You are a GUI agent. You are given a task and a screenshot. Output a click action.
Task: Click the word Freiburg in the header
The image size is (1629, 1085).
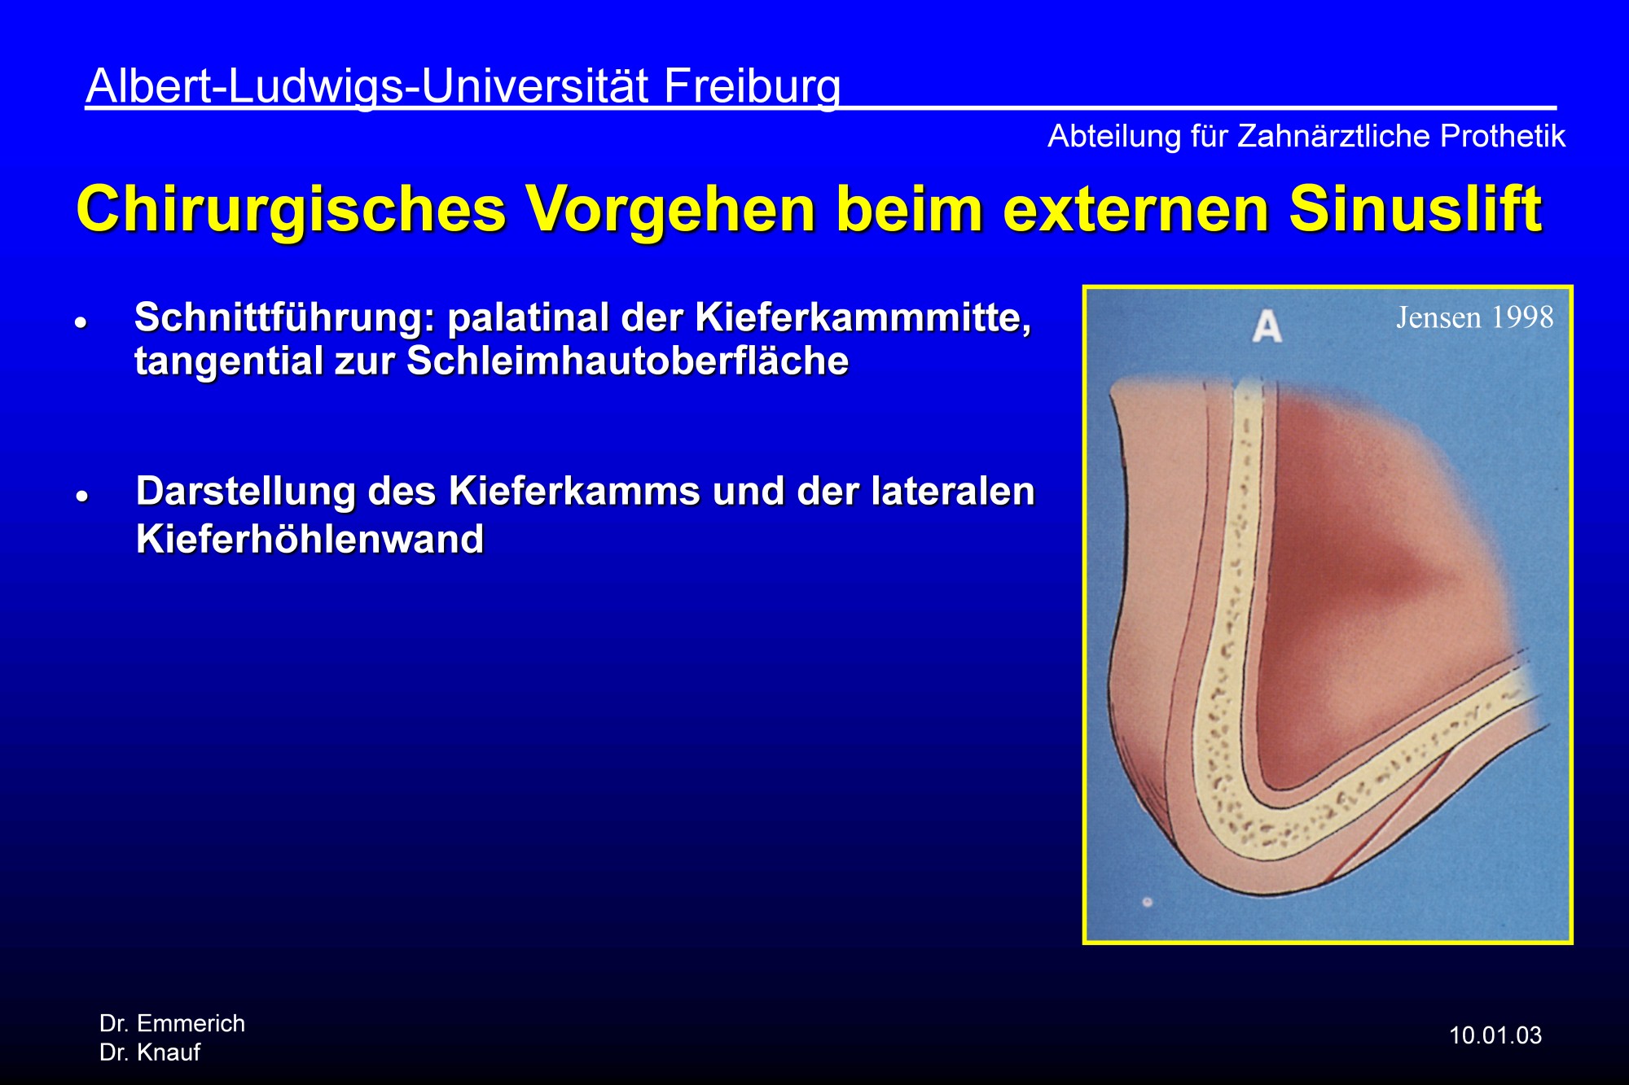pyautogui.click(x=752, y=87)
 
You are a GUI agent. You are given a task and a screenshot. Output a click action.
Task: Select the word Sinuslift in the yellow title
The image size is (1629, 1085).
pyautogui.click(x=1416, y=209)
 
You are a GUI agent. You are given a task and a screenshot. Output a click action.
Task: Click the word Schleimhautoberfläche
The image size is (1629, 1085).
pyautogui.click(x=628, y=361)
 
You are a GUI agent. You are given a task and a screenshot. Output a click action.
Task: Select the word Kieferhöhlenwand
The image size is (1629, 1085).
pyautogui.click(x=310, y=539)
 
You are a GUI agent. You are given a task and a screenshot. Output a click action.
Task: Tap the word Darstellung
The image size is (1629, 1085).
pyautogui.click(x=246, y=492)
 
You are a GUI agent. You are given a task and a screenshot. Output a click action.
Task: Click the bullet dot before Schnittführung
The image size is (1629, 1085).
pyautogui.click(x=81, y=322)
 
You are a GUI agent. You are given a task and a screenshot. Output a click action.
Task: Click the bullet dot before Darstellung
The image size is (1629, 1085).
pyautogui.click(x=81, y=496)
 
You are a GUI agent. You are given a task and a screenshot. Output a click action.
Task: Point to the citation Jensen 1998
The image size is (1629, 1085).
pyautogui.click(x=1475, y=317)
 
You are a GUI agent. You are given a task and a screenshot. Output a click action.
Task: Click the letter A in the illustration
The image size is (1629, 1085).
pyautogui.click(x=1267, y=327)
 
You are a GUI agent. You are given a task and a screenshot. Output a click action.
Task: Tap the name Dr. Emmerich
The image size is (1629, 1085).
pyautogui.click(x=172, y=1023)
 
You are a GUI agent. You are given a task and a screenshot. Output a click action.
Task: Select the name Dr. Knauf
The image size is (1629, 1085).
pyautogui.click(x=150, y=1052)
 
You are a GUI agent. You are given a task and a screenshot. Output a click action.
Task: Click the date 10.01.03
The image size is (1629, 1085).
pyautogui.click(x=1495, y=1035)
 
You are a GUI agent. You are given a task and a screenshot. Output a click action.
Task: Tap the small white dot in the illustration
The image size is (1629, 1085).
pyautogui.click(x=1148, y=902)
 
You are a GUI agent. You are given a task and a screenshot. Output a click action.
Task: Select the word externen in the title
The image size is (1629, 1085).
pyautogui.click(x=1135, y=209)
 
